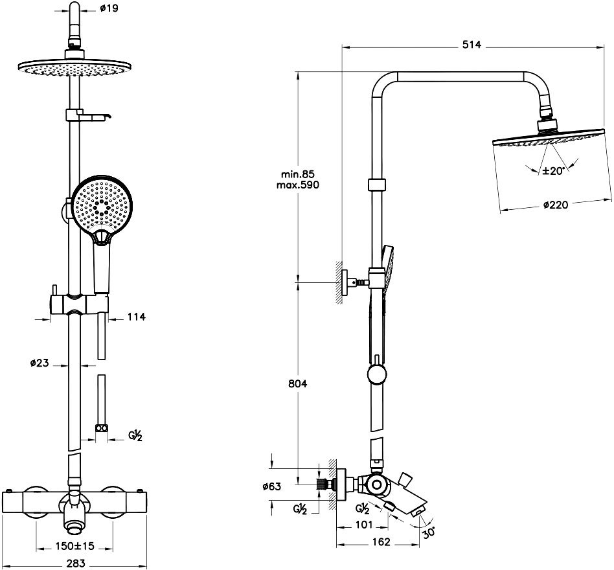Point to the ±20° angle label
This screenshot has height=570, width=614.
tap(554, 170)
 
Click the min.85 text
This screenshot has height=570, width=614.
tap(297, 174)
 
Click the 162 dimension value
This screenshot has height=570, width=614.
tap(383, 542)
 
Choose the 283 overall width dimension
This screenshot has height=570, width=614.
tap(76, 563)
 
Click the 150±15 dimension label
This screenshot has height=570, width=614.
tap(75, 546)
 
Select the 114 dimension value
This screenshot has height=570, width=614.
tap(136, 317)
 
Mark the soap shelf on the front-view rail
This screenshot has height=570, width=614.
tap(87, 116)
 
